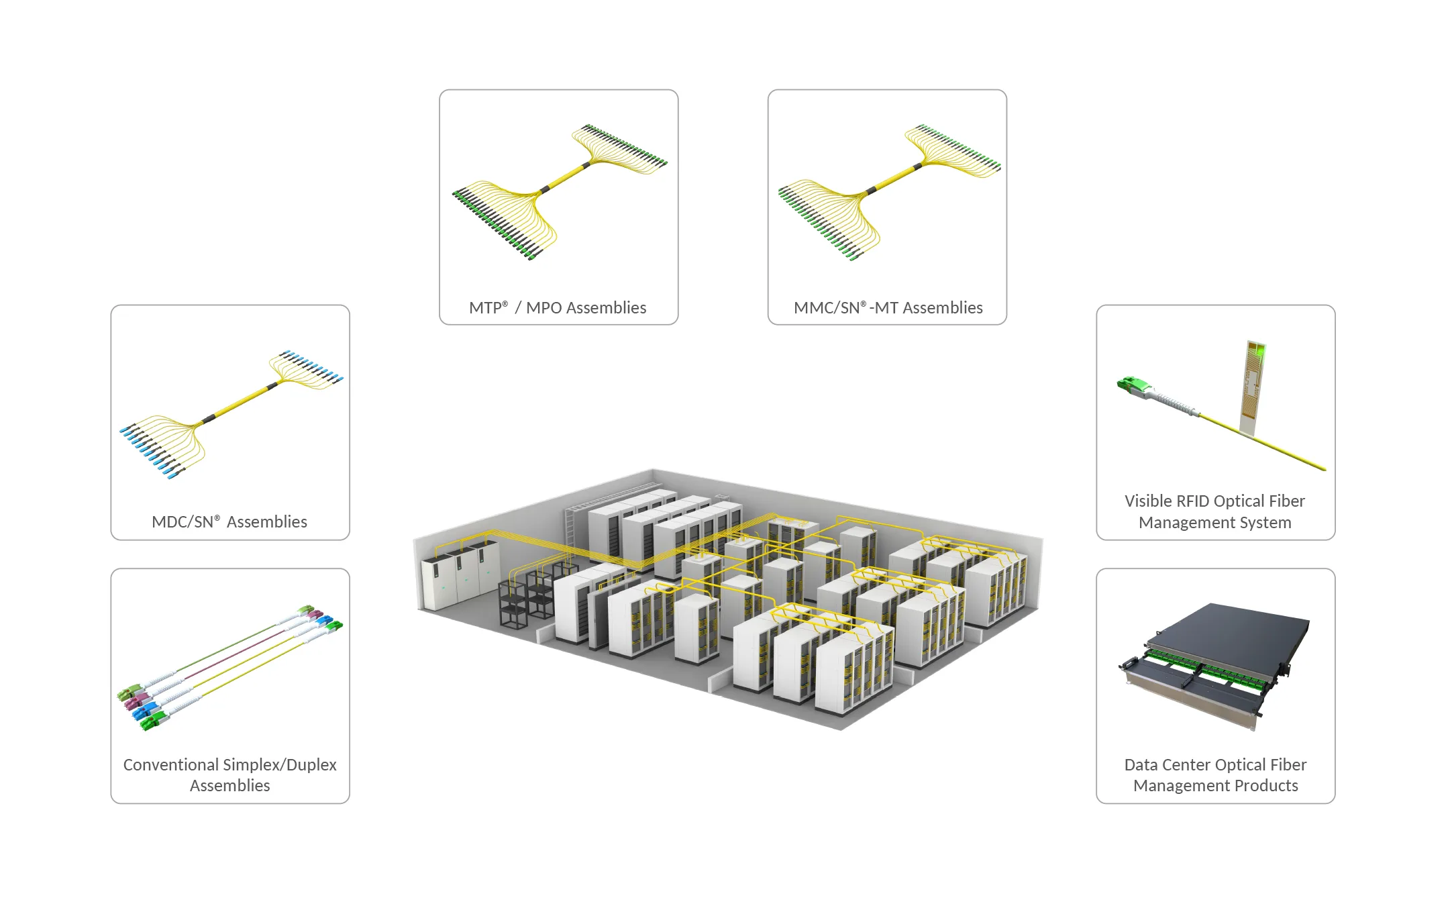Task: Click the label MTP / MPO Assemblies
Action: (x=558, y=308)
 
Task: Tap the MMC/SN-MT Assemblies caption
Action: (x=888, y=308)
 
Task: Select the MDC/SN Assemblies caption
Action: (x=229, y=522)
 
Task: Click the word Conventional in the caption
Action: (x=171, y=765)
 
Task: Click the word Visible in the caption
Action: (x=1148, y=501)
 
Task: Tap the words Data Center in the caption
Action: (x=1168, y=765)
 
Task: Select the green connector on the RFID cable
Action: (x=1133, y=385)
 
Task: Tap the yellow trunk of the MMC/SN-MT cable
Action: (x=895, y=178)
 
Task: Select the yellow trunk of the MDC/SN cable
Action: (x=240, y=403)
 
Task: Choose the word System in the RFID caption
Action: (x=1265, y=523)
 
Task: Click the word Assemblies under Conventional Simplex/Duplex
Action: (x=229, y=786)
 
